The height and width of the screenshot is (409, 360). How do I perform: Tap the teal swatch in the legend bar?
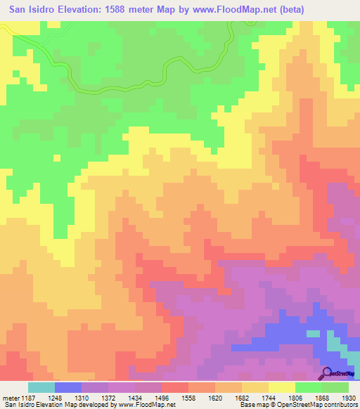pyautogui.click(x=41, y=387)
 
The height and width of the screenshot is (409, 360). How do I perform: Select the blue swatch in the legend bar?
pyautogui.click(x=68, y=387)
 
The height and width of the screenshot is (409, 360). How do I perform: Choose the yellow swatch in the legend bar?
pyautogui.click(x=282, y=387)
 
